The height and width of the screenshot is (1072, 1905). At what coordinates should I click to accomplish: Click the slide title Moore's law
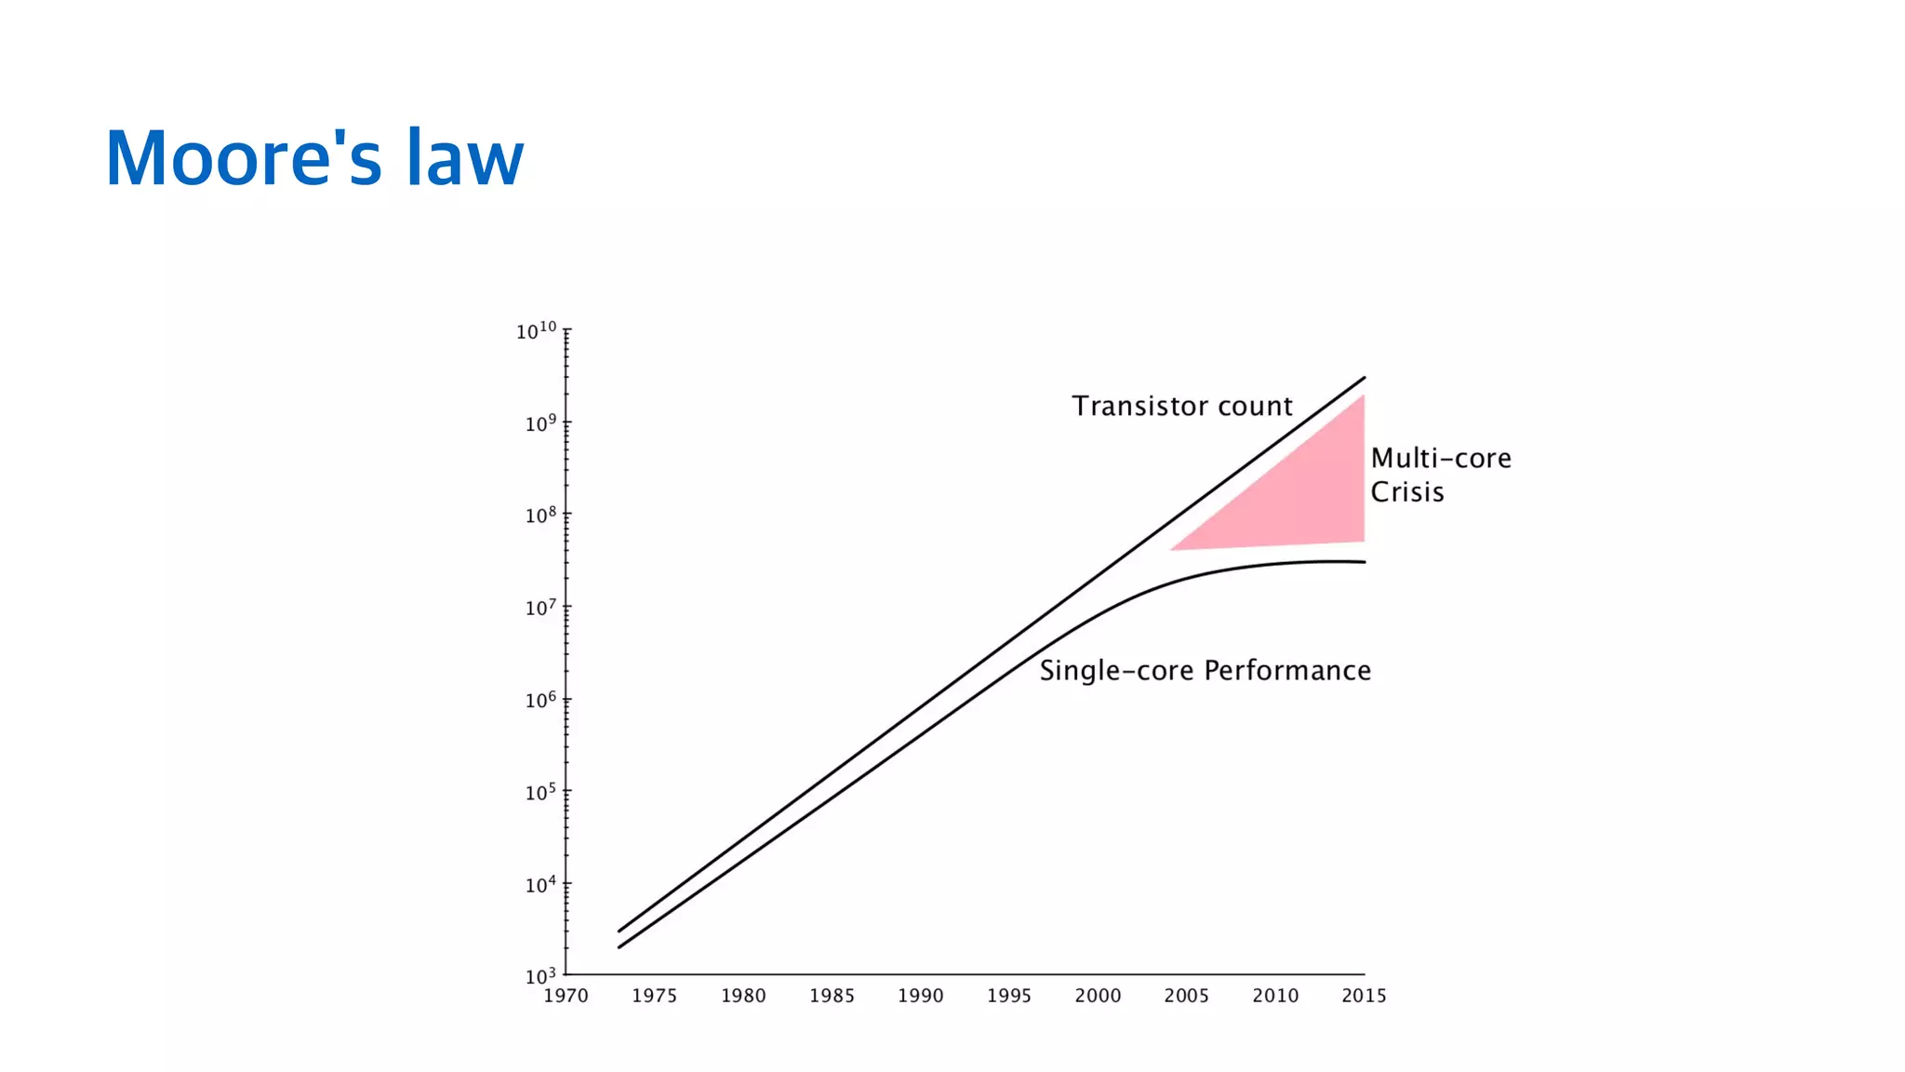[x=314, y=158]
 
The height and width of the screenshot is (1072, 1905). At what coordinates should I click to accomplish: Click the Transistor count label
[x=1181, y=406]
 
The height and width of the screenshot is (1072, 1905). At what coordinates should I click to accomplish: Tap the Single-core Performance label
[x=1205, y=670]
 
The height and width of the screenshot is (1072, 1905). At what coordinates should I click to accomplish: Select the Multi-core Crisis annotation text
[x=1440, y=475]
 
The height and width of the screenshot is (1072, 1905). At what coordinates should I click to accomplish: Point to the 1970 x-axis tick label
[x=566, y=996]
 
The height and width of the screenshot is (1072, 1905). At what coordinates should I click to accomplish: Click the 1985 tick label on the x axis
[x=832, y=996]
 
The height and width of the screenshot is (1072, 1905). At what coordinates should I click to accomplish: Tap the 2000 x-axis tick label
[x=1098, y=996]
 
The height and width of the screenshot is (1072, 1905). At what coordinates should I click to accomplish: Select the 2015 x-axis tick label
[x=1364, y=996]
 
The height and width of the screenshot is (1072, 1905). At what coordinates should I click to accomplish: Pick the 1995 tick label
[x=1009, y=996]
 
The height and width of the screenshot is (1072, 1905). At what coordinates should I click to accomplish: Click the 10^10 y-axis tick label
[x=537, y=330]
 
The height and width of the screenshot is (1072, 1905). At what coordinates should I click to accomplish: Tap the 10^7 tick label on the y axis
[x=540, y=608]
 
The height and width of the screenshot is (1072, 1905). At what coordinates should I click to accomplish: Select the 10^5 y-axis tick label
[x=540, y=792]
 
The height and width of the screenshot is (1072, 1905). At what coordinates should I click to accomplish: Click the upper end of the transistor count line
[x=1364, y=378]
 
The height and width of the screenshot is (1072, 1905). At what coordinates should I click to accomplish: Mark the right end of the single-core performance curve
[x=1364, y=562]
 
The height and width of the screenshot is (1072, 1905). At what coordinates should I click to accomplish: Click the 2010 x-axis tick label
[x=1275, y=996]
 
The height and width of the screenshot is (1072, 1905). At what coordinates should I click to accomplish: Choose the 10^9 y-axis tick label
[x=540, y=423]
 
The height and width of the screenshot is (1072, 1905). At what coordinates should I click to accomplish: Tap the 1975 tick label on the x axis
[x=654, y=996]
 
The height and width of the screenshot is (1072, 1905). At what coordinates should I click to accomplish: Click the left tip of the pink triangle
[x=1172, y=549]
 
